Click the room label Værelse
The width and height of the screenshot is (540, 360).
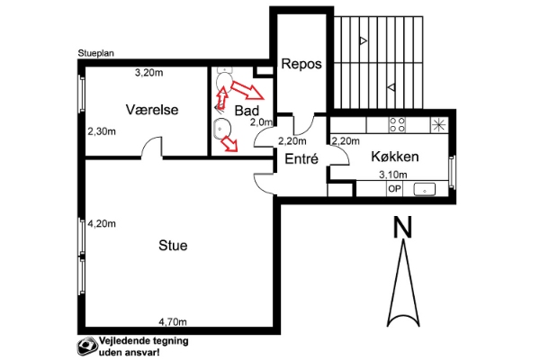152,110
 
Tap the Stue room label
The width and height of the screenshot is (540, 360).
173,246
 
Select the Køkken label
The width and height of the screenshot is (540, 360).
395,157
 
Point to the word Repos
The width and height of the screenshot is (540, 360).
301,64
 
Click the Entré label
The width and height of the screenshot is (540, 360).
301,158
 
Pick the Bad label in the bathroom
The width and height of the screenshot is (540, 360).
247,111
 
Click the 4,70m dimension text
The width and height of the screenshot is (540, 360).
173,322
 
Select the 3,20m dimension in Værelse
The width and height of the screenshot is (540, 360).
148,73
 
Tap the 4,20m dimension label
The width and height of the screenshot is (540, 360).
102,224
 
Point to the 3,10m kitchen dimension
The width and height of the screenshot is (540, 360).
393,175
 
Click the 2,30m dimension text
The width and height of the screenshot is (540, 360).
102,131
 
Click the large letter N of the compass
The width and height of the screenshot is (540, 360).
402,227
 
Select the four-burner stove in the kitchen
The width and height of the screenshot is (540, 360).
397,125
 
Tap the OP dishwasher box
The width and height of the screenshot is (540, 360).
395,189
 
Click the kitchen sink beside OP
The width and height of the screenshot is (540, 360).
425,190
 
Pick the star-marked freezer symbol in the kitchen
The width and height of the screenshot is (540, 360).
439,125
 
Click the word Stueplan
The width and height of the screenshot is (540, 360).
95,53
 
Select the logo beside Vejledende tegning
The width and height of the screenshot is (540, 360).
86,346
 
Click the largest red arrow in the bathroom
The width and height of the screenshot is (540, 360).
247,90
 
